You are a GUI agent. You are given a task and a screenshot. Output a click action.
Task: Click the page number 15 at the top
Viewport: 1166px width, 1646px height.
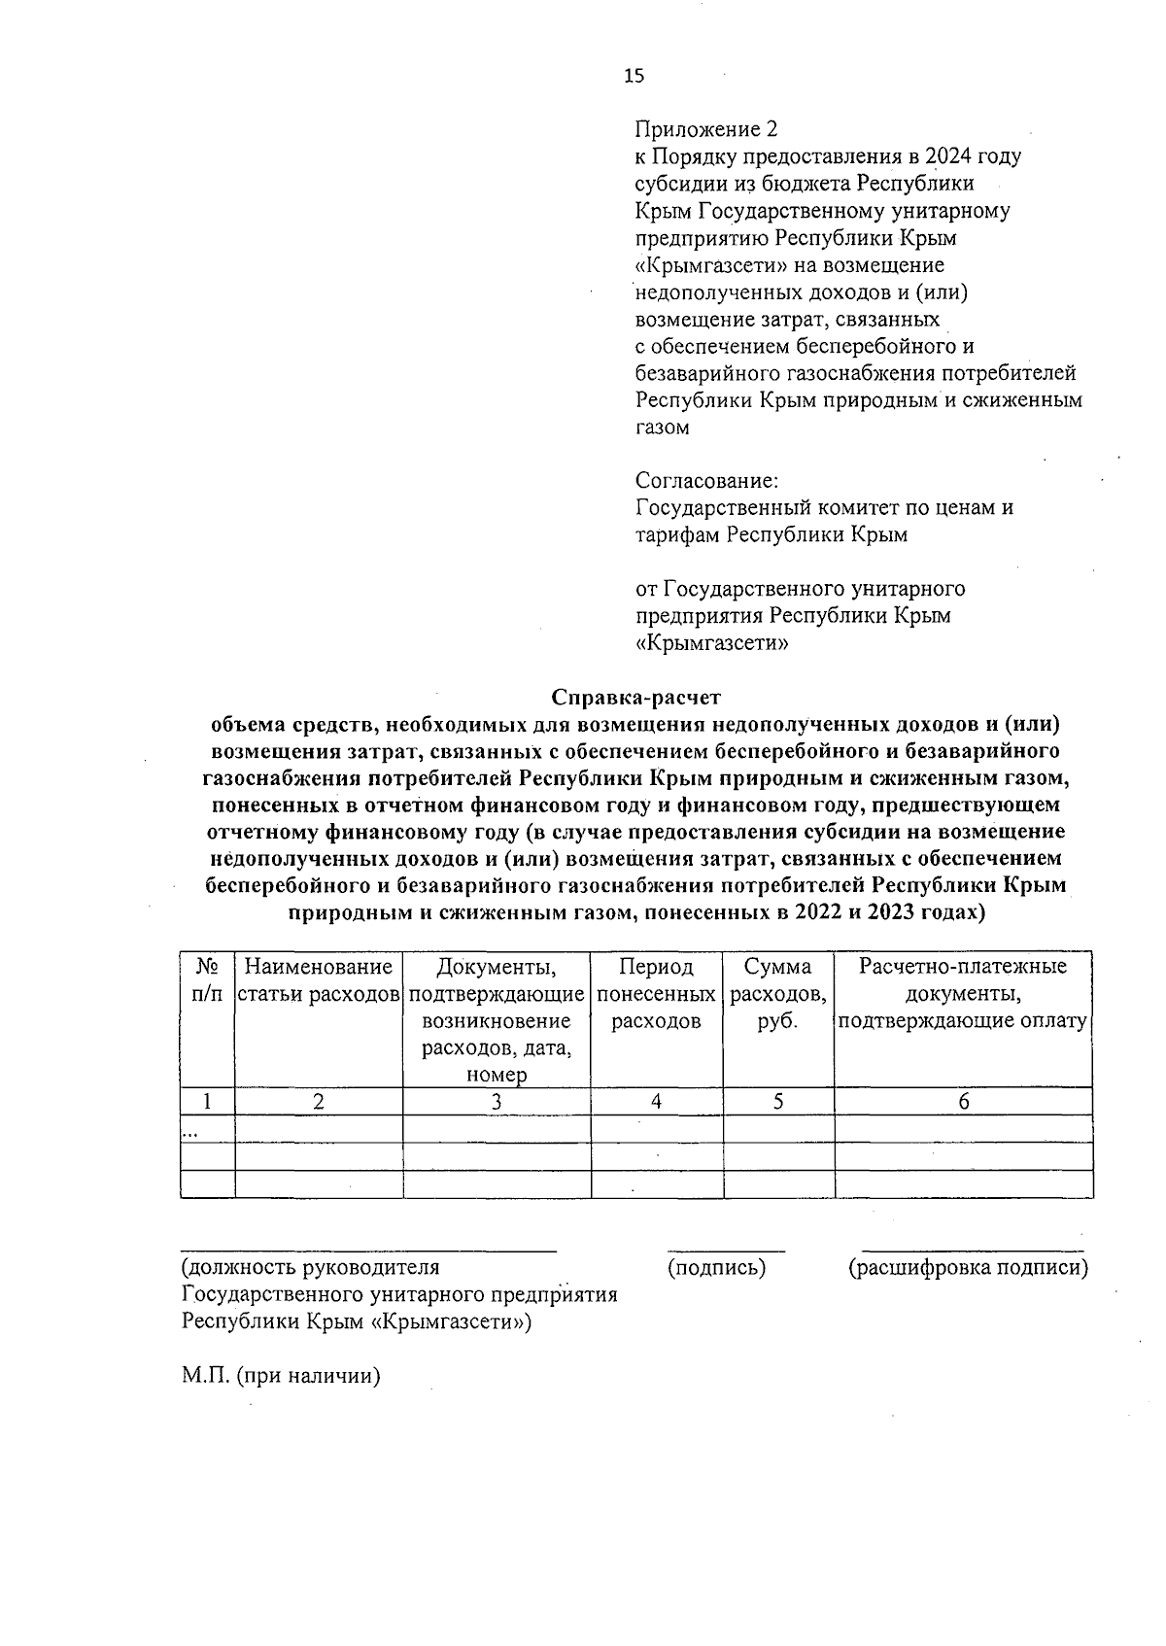coord(634,77)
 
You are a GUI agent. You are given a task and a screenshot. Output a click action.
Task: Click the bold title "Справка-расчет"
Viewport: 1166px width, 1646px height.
coord(637,697)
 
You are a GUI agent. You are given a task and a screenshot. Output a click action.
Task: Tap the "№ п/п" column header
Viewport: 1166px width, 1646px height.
coord(207,980)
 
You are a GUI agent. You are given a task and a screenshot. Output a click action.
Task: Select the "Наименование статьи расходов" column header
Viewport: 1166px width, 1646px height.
coord(319,980)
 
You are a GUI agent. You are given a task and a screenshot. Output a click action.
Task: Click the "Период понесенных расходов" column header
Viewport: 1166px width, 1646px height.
coord(657,994)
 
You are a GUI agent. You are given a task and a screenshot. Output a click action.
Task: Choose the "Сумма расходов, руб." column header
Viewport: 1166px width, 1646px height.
coord(778,994)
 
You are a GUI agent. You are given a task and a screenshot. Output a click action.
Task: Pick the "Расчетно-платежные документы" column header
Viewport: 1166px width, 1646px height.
coord(962,994)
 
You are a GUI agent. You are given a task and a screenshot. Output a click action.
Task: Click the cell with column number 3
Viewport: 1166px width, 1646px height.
coord(497,1101)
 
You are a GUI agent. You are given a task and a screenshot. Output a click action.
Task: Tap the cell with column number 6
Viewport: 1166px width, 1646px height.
coord(963,1101)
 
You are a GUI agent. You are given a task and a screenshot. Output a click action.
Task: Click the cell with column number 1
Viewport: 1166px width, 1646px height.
coord(207,1101)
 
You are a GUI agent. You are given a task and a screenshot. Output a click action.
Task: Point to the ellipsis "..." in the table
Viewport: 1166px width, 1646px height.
coord(190,1131)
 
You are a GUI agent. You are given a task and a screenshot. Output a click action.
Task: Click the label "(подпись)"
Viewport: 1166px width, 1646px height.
coord(716,1267)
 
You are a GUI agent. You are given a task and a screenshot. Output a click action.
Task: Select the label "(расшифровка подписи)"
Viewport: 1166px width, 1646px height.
coord(968,1267)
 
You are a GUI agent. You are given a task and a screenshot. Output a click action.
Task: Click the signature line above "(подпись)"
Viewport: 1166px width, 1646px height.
coord(726,1250)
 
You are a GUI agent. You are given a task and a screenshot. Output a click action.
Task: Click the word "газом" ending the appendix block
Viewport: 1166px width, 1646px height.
coord(663,428)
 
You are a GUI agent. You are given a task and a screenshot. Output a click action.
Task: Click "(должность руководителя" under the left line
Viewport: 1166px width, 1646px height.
coord(310,1267)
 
